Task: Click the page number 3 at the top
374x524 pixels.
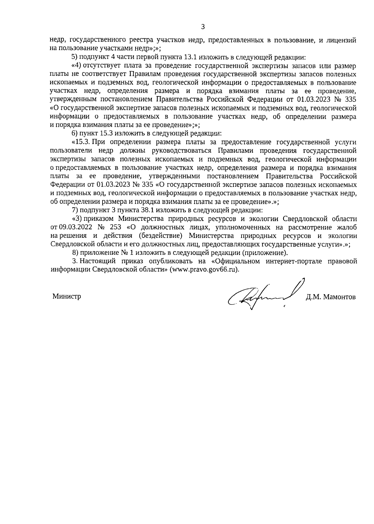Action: (x=203, y=27)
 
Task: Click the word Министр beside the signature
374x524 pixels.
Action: (x=67, y=296)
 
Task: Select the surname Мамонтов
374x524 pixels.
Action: (x=340, y=297)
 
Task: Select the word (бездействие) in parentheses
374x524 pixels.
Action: (x=161, y=235)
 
